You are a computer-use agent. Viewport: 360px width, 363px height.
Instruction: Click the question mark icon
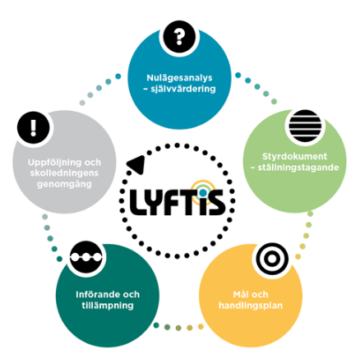(x=179, y=36)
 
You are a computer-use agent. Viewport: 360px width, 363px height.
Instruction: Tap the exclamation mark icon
(x=33, y=127)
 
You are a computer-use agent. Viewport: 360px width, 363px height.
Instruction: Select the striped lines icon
(x=305, y=126)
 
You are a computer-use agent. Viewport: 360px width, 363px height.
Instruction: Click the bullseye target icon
(x=272, y=259)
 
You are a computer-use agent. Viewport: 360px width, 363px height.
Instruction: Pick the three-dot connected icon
(x=86, y=257)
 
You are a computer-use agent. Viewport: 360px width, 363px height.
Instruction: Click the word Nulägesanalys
(x=179, y=78)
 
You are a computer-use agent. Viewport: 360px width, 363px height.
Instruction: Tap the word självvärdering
(x=183, y=89)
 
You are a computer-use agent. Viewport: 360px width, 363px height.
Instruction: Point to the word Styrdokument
(x=294, y=156)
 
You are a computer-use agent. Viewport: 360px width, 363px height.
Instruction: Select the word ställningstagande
(x=298, y=168)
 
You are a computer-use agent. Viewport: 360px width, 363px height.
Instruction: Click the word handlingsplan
(x=251, y=306)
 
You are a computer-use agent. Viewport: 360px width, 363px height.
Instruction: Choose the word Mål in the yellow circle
(x=239, y=294)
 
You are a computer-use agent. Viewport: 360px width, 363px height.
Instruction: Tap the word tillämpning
(x=108, y=306)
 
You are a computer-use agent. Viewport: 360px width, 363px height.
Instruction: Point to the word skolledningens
(x=64, y=173)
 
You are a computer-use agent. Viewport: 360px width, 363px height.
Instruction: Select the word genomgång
(x=64, y=184)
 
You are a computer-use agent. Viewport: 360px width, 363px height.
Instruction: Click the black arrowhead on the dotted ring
(x=136, y=165)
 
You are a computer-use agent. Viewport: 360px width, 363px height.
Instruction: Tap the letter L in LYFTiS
(x=137, y=202)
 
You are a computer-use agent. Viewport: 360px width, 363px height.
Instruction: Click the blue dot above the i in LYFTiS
(x=203, y=193)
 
